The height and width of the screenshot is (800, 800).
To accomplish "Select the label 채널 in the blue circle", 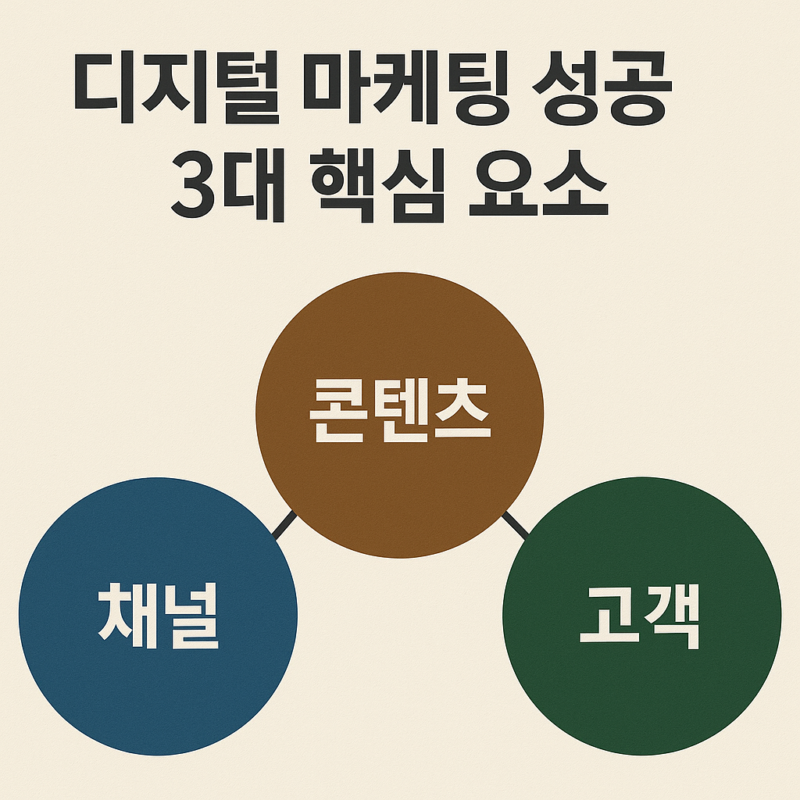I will pos(158,615).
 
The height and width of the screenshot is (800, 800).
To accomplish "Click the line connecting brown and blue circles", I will pos(284,524).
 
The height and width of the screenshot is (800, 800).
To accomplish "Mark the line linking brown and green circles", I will pos(515,524).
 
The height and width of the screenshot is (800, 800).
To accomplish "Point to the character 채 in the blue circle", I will pos(127,615).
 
